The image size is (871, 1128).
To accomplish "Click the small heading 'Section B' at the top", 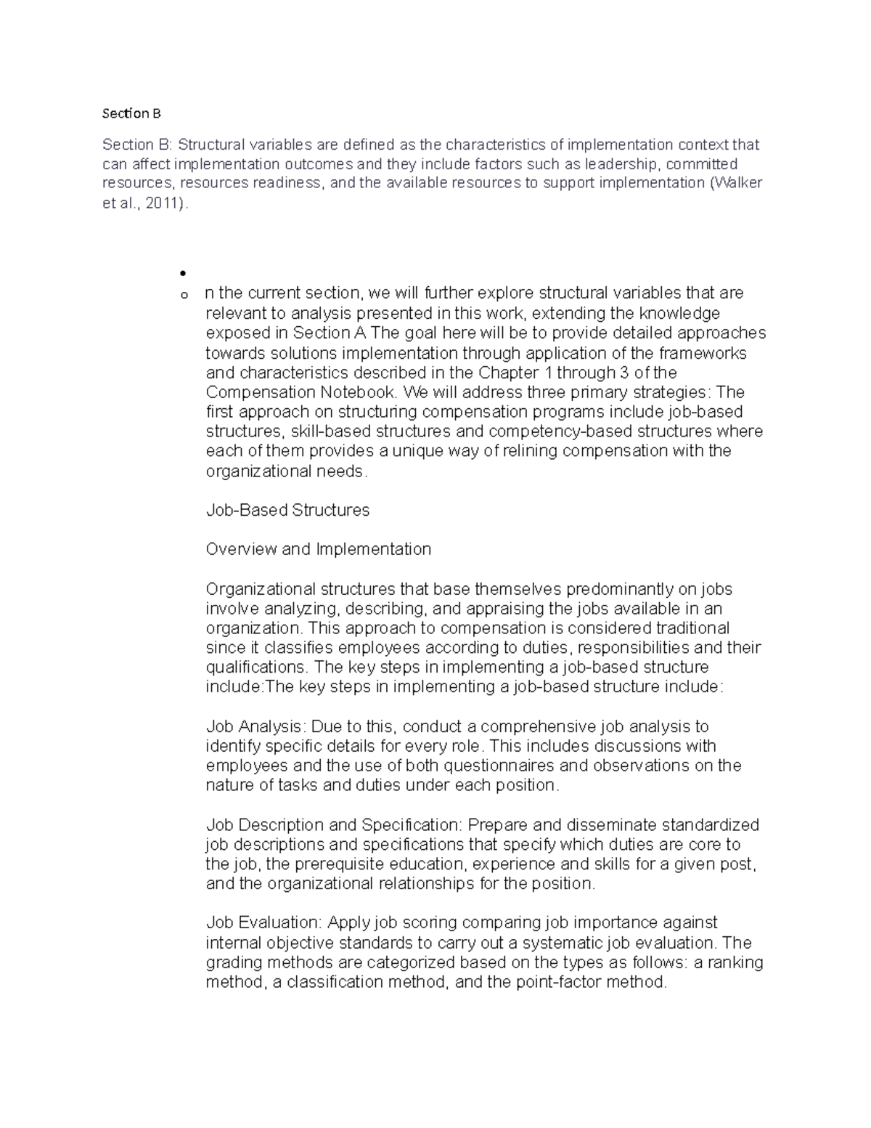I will tap(131, 113).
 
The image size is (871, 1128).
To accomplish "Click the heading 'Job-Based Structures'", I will tap(287, 510).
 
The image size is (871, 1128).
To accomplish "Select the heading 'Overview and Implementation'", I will tap(319, 549).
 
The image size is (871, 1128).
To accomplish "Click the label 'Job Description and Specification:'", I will tap(334, 825).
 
